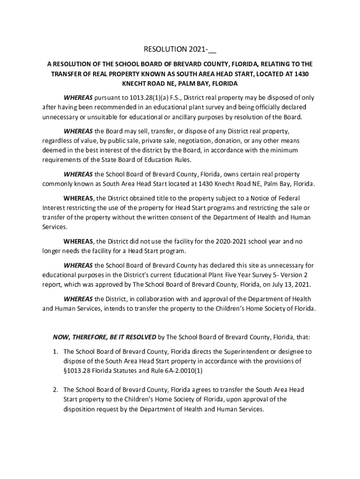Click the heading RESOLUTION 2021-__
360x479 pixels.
180,49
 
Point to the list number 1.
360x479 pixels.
55,351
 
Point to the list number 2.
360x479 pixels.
55,389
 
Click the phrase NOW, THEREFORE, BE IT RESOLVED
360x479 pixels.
104,336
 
